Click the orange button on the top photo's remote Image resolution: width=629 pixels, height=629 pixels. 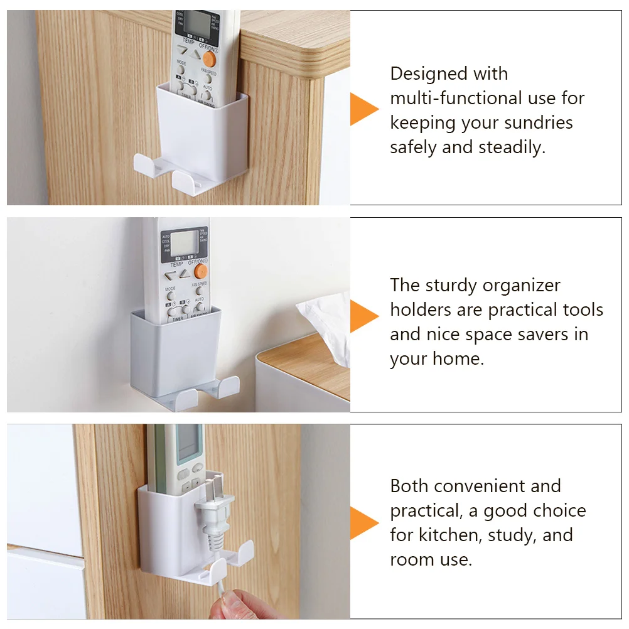[x=209, y=60]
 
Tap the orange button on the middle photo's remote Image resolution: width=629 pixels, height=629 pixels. [x=201, y=271]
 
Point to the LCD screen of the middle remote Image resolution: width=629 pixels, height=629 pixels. [x=184, y=243]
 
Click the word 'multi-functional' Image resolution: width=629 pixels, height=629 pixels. [x=456, y=99]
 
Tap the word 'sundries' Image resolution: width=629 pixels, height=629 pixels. [x=539, y=123]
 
